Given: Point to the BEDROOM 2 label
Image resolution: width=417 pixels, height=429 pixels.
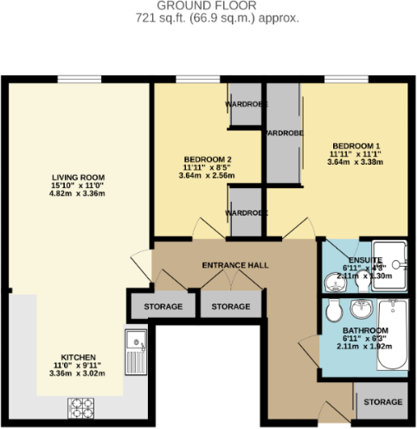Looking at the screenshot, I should click(x=208, y=159).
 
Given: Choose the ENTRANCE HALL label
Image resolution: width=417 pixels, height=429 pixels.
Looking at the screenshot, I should click(x=234, y=264).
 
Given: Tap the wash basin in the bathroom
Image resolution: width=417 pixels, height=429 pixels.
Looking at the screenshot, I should click(x=361, y=310).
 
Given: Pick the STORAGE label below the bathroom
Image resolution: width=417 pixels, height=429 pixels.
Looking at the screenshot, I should click(x=382, y=402).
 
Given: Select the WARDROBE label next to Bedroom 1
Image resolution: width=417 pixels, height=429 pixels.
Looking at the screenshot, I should click(x=283, y=134).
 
